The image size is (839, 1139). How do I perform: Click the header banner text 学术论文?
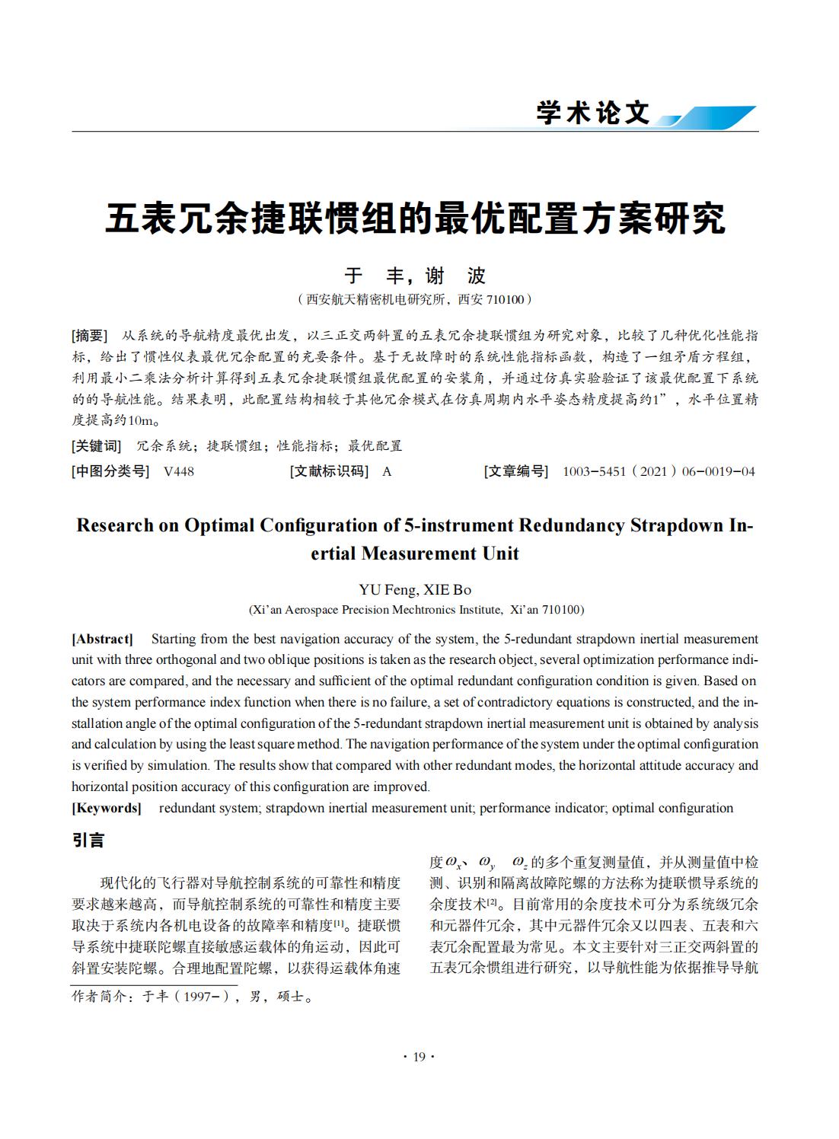tap(593, 113)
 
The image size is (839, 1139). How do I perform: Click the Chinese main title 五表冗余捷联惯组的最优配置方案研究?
tap(415, 219)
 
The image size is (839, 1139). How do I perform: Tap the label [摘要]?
tap(90, 336)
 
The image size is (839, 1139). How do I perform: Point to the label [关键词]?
tap(96, 446)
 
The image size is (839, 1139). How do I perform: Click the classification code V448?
tap(179, 471)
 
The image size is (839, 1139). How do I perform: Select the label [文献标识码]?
tap(329, 471)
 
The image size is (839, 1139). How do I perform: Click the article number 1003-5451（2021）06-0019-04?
tap(659, 471)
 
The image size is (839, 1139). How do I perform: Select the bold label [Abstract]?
tap(102, 639)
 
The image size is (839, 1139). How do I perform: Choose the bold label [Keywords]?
tap(107, 808)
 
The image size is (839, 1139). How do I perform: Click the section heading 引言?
tap(88, 841)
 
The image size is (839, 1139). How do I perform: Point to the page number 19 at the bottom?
tap(419, 1057)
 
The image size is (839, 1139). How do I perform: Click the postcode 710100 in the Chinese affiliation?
tap(505, 299)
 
